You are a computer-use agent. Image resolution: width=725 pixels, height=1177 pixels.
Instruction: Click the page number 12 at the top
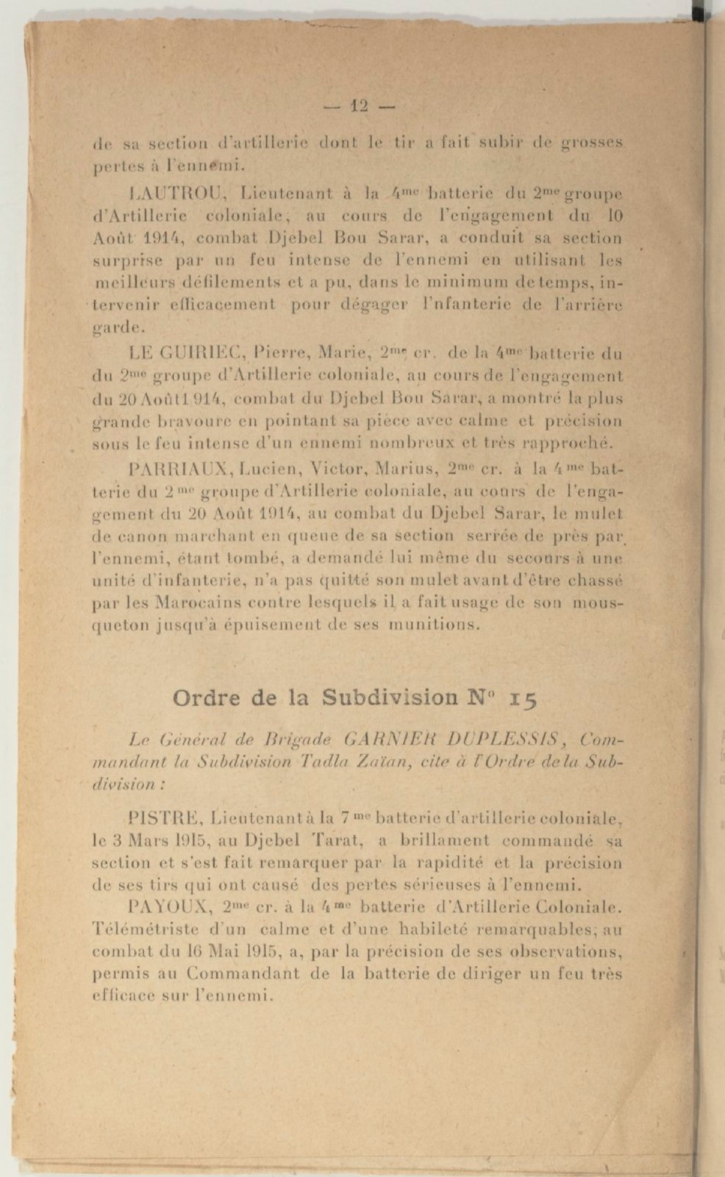pos(359,106)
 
